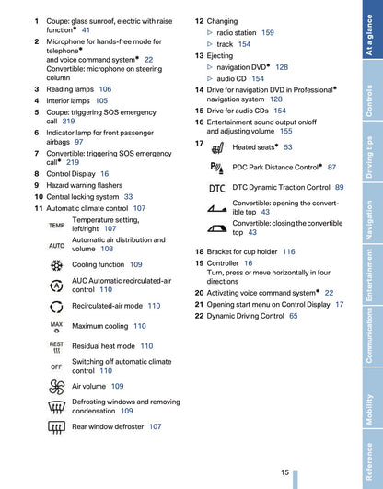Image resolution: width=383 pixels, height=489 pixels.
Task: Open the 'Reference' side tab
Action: pyautogui.click(x=368, y=460)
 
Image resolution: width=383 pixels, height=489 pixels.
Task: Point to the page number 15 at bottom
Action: pyautogui.click(x=285, y=472)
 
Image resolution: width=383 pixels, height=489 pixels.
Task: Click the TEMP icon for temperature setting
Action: pyautogui.click(x=56, y=225)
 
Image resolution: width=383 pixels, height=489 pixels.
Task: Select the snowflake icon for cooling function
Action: pyautogui.click(x=56, y=264)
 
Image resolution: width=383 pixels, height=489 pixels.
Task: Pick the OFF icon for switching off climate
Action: pyautogui.click(x=56, y=367)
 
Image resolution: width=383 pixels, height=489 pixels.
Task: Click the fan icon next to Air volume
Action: pyautogui.click(x=56, y=387)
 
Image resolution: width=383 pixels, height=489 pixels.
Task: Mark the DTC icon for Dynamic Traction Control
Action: pyautogui.click(x=217, y=188)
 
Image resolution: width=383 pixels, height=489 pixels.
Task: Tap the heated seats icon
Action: pyautogui.click(x=217, y=147)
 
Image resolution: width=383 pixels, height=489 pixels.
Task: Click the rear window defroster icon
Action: pyautogui.click(x=56, y=426)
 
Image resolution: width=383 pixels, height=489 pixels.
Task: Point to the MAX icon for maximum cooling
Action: pyautogui.click(x=56, y=326)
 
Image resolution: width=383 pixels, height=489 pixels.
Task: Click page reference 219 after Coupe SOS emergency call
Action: pyautogui.click(x=69, y=121)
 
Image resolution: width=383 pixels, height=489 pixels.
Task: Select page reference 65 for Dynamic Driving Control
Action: pyautogui.click(x=294, y=316)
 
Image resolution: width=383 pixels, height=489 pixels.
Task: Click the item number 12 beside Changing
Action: pyautogui.click(x=199, y=20)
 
